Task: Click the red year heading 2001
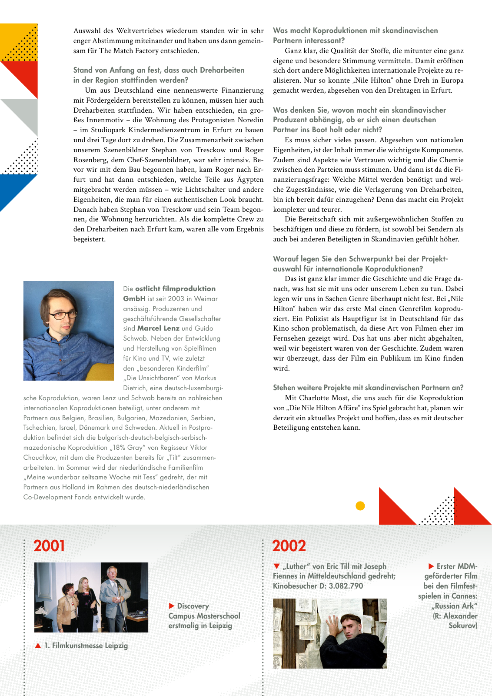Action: [x=49, y=546]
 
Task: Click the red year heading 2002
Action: [x=289, y=546]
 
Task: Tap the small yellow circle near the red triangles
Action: [x=360, y=506]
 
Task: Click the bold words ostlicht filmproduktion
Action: [x=175, y=288]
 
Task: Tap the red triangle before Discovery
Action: [x=172, y=606]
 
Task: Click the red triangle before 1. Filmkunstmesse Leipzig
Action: [x=38, y=646]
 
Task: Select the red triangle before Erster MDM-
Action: [x=431, y=566]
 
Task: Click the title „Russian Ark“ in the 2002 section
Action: [x=454, y=606]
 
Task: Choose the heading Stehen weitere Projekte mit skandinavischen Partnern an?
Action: [x=368, y=388]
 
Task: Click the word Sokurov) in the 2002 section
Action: [x=463, y=626]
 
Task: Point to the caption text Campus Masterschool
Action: [x=204, y=616]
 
